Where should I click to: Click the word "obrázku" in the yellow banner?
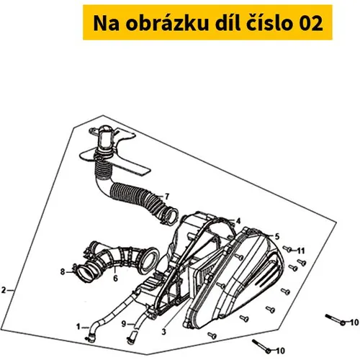[x=167, y=23]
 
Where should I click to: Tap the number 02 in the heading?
[x=311, y=24]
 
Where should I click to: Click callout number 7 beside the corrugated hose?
[x=166, y=197]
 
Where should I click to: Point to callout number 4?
[x=238, y=221]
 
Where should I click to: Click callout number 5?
[x=277, y=237]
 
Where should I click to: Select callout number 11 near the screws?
[x=301, y=251]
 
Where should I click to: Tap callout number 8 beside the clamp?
[x=63, y=272]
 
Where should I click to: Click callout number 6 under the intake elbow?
[x=115, y=279]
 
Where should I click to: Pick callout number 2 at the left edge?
[x=4, y=290]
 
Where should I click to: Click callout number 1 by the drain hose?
[x=78, y=327]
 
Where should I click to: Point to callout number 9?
[x=124, y=324]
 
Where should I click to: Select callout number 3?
[x=163, y=332]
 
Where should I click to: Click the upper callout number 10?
[x=354, y=323]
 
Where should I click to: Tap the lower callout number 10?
[x=280, y=351]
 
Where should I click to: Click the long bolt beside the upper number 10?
[x=336, y=320]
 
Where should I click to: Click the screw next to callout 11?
[x=287, y=249]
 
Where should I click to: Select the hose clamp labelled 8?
[x=75, y=269]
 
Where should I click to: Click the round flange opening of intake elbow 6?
[x=148, y=260]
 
